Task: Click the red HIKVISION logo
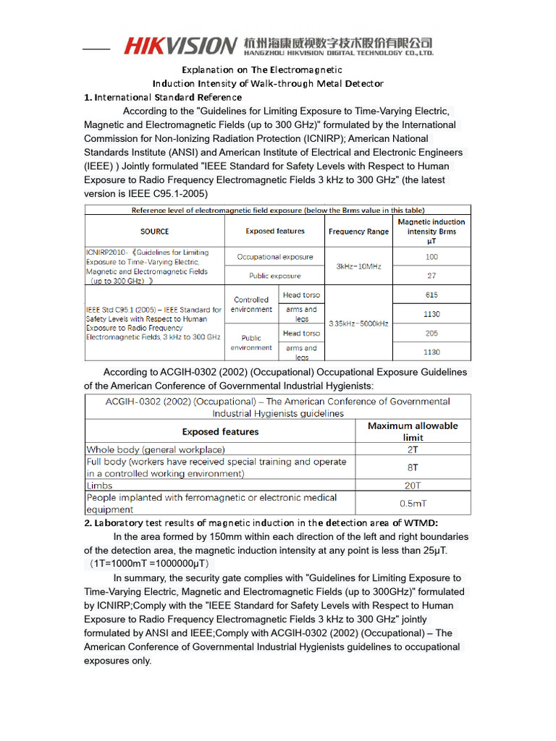[180, 46]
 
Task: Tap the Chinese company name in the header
[338, 43]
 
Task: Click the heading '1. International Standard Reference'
[163, 97]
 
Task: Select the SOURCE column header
[154, 232]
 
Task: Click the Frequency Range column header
[358, 232]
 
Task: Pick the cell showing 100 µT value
[431, 257]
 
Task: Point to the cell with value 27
[431, 276]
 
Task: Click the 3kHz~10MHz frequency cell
[358, 266]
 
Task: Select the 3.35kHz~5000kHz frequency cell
[358, 323]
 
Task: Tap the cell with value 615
[431, 295]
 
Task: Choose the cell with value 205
[431, 334]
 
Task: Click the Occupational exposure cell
[275, 257]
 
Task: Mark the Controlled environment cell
[251, 305]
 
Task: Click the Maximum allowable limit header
[413, 431]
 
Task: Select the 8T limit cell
[413, 467]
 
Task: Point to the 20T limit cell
[413, 486]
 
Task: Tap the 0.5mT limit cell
[413, 503]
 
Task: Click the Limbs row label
[100, 486]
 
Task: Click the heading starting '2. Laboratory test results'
[261, 522]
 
